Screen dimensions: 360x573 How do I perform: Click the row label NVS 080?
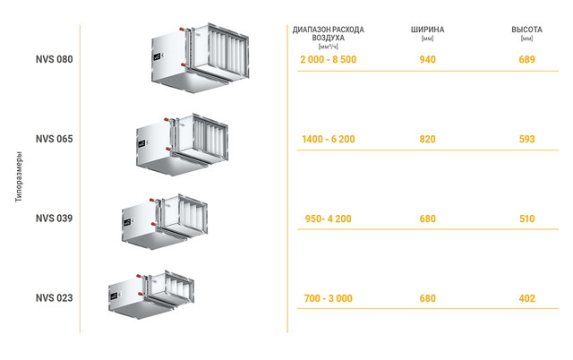click(x=54, y=60)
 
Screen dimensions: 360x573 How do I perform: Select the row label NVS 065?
click(x=54, y=139)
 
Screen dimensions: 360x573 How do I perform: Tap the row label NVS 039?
click(x=54, y=219)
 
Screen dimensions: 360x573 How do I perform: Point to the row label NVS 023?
click(x=54, y=298)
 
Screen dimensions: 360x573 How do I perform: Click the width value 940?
click(x=427, y=60)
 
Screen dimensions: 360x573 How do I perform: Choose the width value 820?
click(x=427, y=140)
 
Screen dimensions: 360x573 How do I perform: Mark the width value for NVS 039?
click(x=427, y=219)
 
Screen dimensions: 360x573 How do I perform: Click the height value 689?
click(x=526, y=60)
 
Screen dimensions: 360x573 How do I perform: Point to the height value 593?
click(x=526, y=140)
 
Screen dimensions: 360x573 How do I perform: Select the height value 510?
click(x=526, y=219)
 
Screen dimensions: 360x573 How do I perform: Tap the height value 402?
click(x=526, y=298)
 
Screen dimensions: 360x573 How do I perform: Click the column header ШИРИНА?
click(x=427, y=30)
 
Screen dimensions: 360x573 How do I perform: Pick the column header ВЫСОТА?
click(x=526, y=30)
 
